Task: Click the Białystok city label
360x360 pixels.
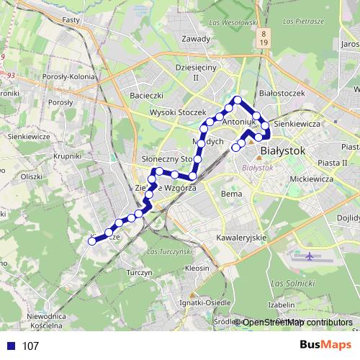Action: point(283,151)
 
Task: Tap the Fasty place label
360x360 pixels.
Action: point(71,21)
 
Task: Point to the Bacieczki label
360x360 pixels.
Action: point(148,95)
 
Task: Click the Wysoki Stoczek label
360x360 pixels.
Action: point(178,113)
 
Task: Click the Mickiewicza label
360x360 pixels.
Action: point(309,177)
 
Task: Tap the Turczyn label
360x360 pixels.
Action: point(138,274)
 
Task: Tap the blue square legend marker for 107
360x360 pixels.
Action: point(11,346)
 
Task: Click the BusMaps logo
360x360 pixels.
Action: point(325,346)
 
